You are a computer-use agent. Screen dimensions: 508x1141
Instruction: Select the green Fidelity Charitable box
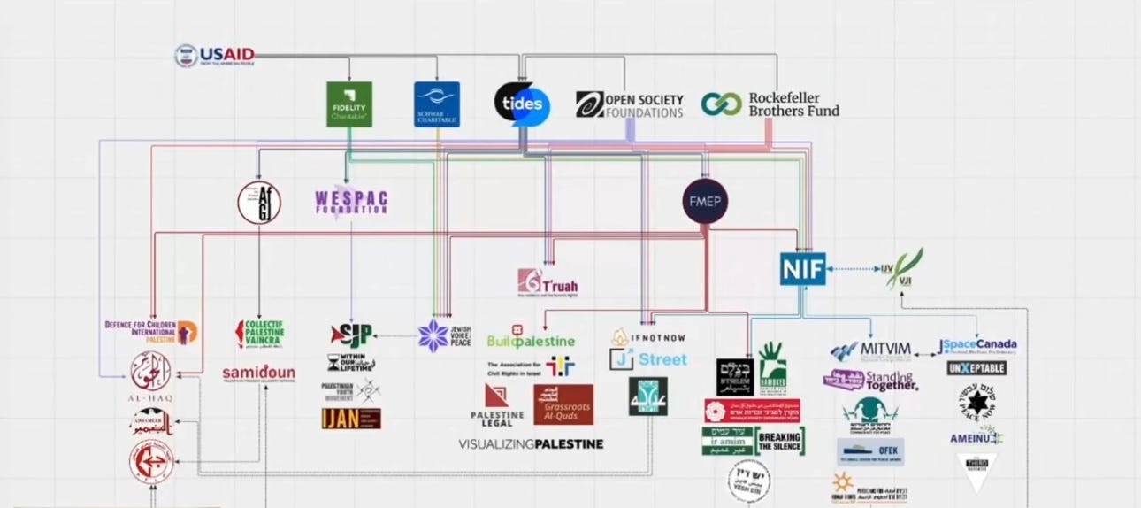(x=348, y=104)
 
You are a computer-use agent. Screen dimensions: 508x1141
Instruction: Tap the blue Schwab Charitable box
(x=437, y=104)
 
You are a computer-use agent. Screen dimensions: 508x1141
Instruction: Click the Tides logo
(x=522, y=104)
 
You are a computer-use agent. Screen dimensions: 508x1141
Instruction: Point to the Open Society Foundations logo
(x=630, y=104)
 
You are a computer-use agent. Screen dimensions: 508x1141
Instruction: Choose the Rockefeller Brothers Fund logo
(x=770, y=104)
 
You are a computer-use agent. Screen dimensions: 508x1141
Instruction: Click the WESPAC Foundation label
(x=352, y=202)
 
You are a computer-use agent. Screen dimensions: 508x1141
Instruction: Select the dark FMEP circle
(x=705, y=202)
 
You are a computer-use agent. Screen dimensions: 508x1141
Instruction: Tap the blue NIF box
(x=803, y=268)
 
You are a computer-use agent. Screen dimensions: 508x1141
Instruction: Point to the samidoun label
(x=258, y=373)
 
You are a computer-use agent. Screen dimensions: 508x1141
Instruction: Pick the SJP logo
(x=351, y=335)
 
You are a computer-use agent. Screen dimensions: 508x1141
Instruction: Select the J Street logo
(x=649, y=359)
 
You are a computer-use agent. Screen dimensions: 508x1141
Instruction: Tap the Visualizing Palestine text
(x=531, y=443)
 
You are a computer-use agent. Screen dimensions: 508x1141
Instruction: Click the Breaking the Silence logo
(x=779, y=442)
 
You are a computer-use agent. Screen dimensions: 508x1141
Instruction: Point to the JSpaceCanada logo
(x=977, y=344)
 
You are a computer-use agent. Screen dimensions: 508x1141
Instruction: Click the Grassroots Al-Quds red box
(x=563, y=404)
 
